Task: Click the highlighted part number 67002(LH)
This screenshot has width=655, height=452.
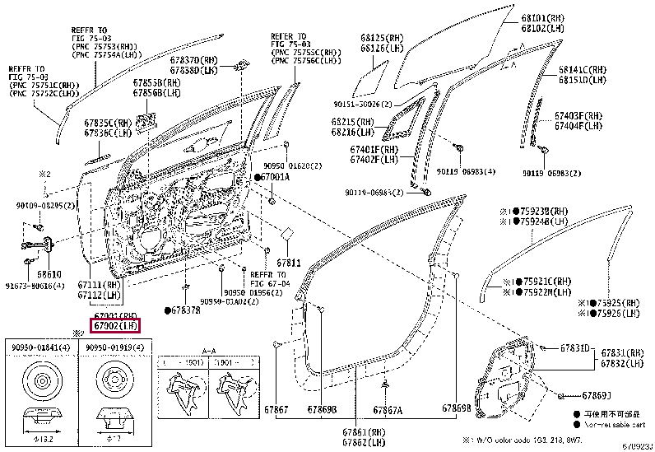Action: (115, 326)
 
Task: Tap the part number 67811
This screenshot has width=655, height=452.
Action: (289, 263)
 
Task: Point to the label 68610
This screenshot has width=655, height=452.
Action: (50, 273)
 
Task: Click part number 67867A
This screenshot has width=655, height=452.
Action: (387, 409)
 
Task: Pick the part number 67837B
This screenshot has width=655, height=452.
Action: (185, 310)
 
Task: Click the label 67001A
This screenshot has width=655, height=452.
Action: (275, 177)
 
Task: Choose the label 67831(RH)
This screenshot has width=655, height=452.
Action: (621, 352)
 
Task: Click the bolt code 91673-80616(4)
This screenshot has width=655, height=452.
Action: (35, 283)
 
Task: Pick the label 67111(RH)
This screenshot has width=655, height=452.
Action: (100, 284)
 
